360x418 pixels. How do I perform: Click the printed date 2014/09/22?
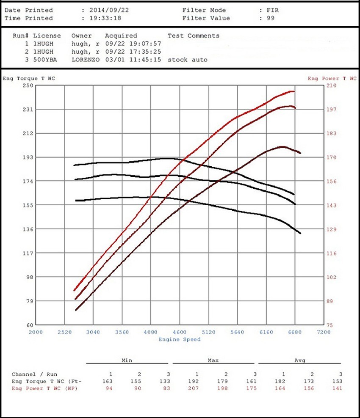(109, 10)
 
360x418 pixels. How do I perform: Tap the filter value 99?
(270, 18)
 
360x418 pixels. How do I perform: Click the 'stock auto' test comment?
(187, 60)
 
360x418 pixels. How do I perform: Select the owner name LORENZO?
(86, 60)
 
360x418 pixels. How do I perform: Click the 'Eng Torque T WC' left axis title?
(29, 78)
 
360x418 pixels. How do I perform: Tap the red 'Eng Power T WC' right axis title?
(332, 78)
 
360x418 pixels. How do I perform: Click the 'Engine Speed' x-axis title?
(180, 339)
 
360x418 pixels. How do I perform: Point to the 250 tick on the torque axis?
(28, 85)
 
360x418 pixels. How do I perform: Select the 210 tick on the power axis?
(330, 85)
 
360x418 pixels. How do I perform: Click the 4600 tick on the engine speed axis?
(180, 333)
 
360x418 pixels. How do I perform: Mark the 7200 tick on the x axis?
(323, 333)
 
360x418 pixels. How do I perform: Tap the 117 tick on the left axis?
(28, 253)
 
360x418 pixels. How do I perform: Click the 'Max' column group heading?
(213, 360)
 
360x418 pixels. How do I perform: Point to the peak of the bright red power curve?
(292, 91)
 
